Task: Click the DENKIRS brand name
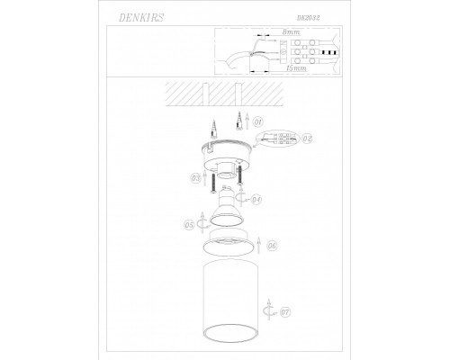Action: point(132,16)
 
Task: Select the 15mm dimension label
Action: point(292,67)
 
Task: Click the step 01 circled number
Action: point(256,121)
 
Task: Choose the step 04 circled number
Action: point(256,199)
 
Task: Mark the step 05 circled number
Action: point(188,225)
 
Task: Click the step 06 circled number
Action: point(273,245)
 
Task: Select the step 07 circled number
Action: point(285,313)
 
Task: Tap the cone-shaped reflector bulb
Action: point(229,216)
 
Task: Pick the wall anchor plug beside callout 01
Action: point(239,120)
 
